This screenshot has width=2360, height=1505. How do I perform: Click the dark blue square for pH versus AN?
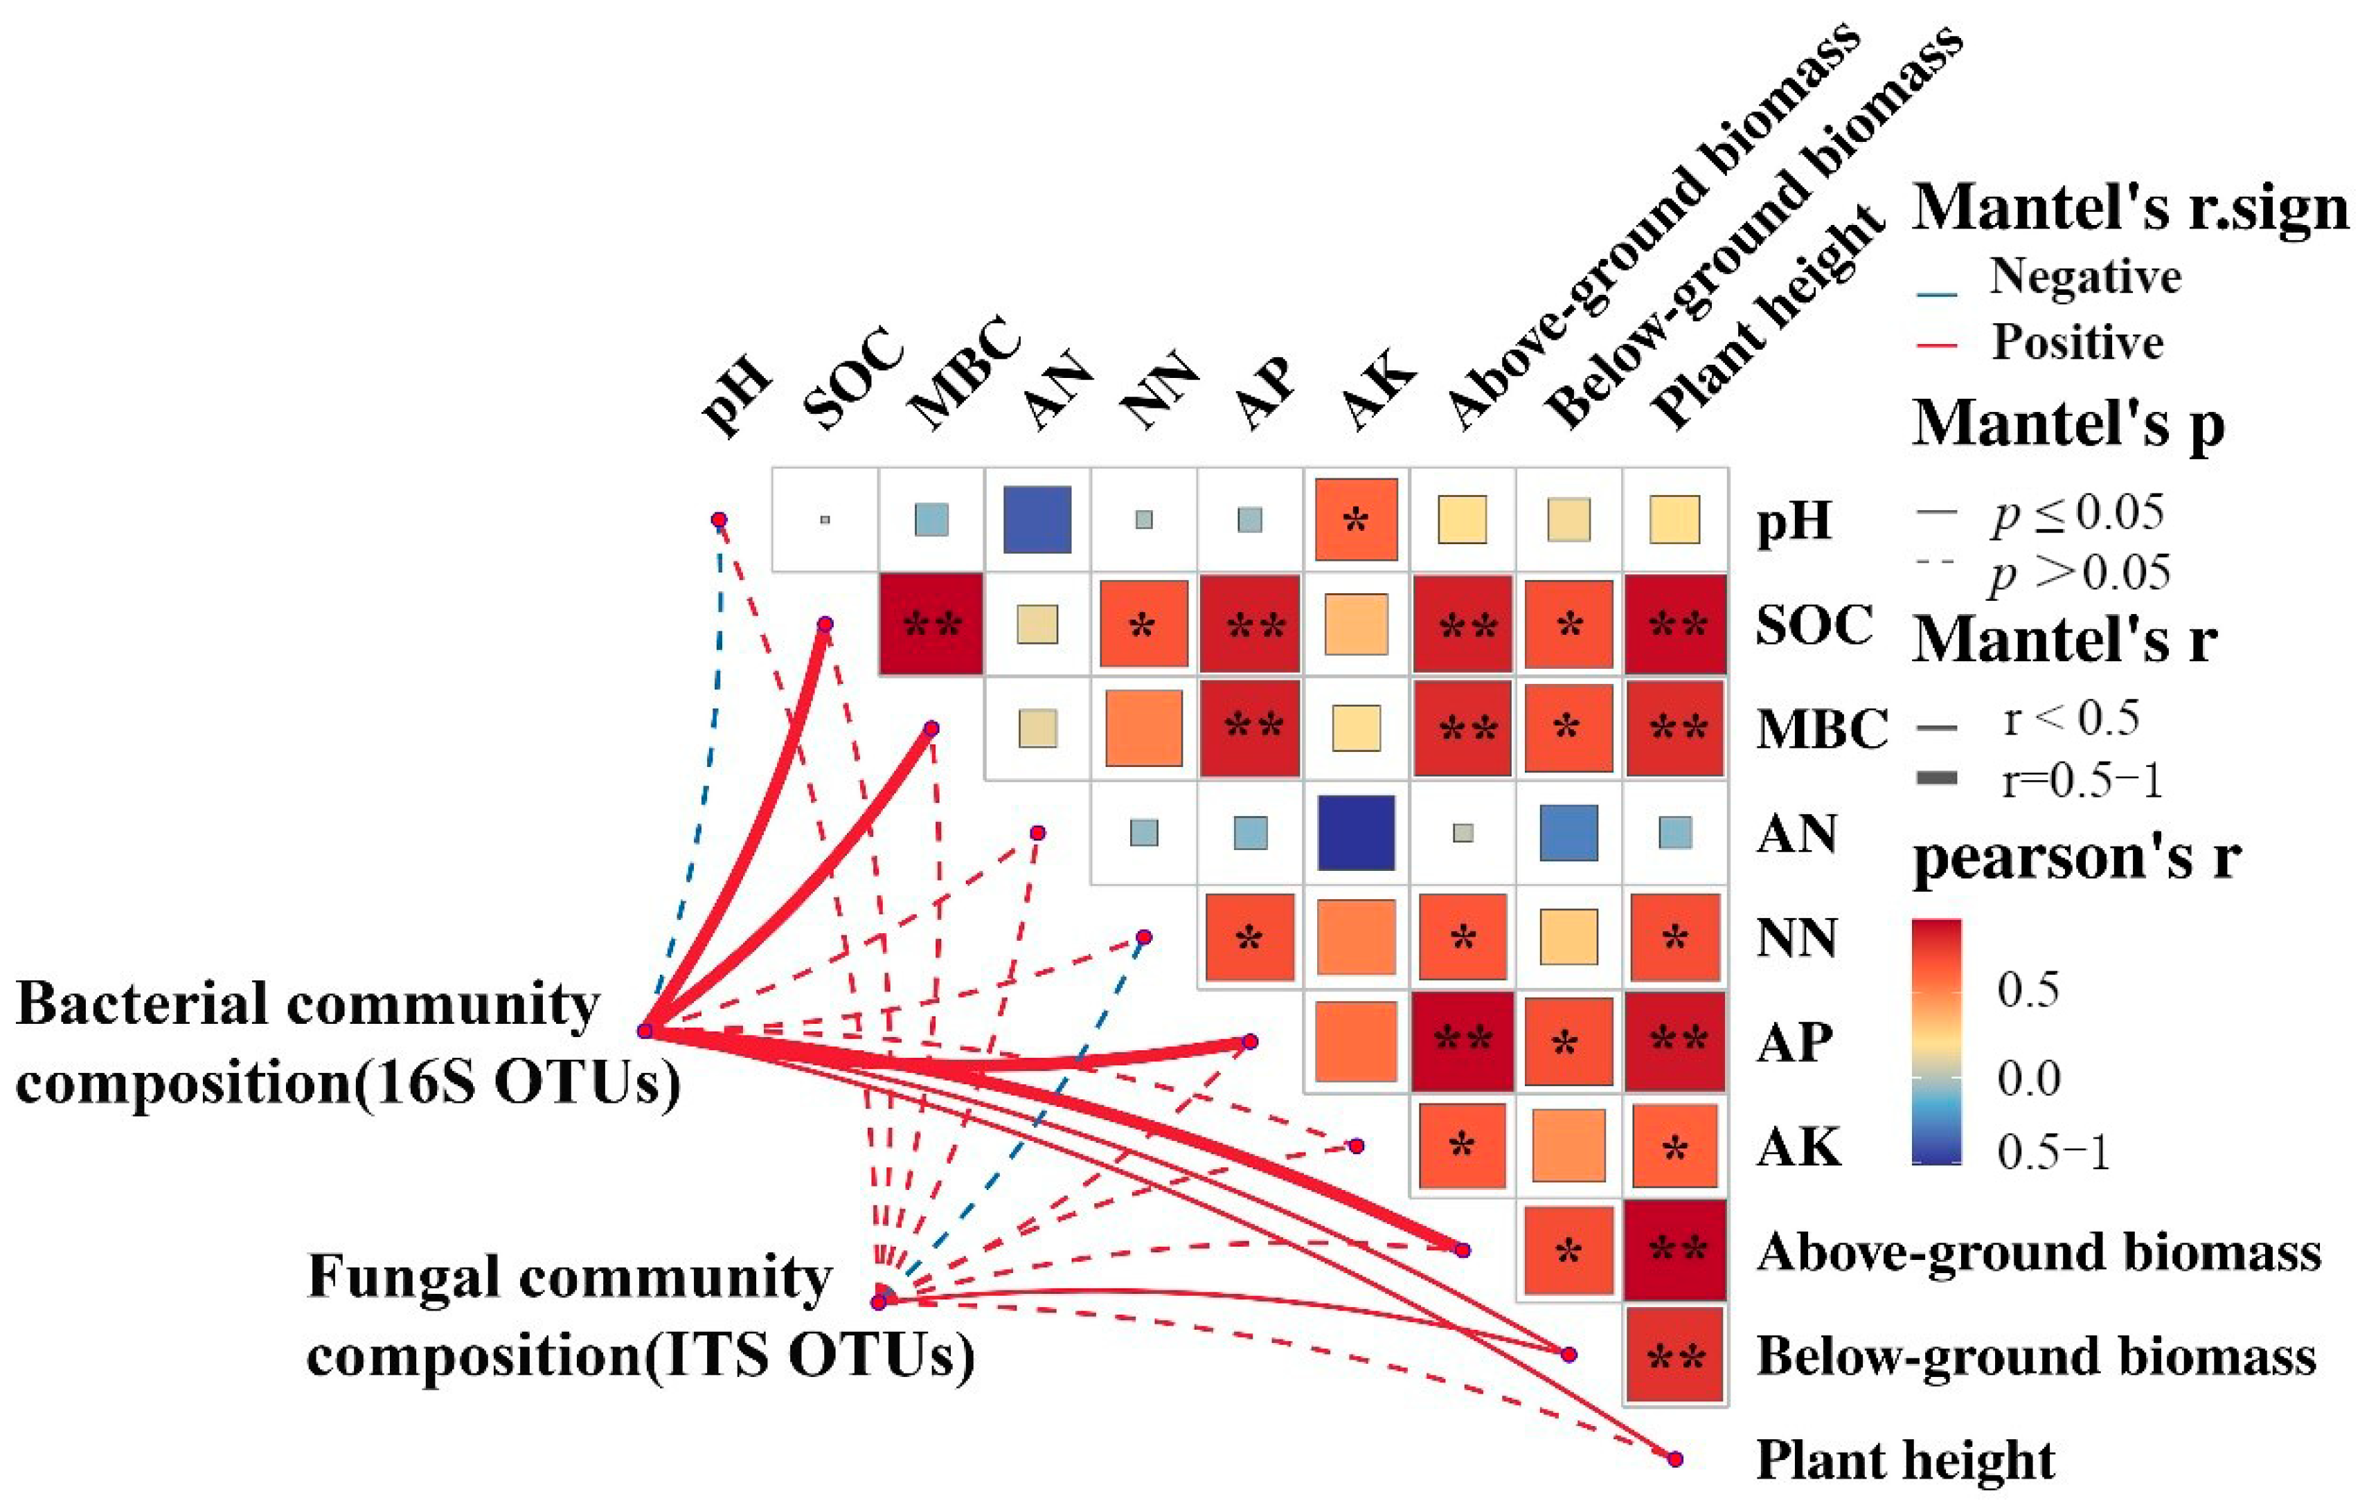click(1037, 519)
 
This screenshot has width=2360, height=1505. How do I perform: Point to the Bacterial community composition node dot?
click(645, 1031)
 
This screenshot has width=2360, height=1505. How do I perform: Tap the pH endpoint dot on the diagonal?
click(718, 519)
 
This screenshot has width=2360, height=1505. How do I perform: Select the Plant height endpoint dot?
click(1675, 1459)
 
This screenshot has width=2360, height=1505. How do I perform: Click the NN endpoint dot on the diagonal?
click(1143, 938)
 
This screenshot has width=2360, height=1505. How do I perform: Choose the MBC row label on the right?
click(1821, 729)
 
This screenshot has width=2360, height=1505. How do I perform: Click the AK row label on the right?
click(1798, 1146)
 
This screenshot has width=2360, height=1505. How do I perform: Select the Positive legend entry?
click(2077, 343)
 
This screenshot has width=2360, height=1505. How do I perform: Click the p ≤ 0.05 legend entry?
click(2077, 512)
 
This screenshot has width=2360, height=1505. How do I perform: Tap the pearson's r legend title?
click(2077, 857)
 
